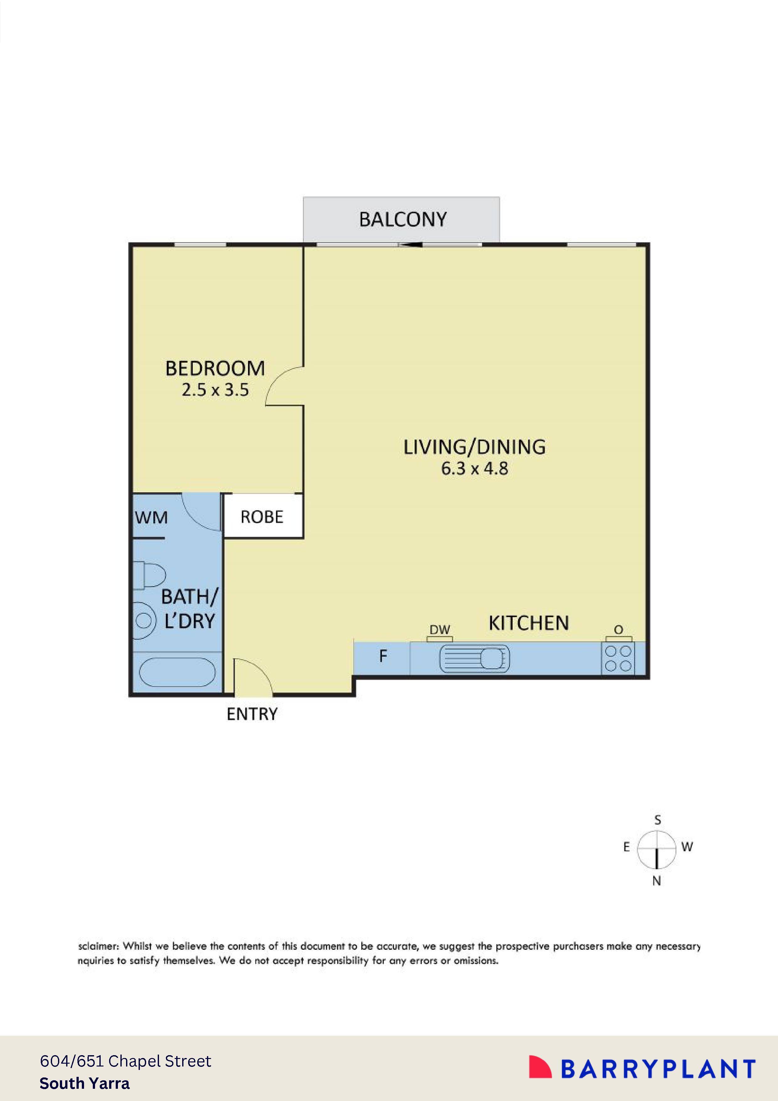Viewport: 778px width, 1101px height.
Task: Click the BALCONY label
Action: (x=403, y=220)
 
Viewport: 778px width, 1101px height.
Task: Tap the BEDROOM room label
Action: (x=215, y=369)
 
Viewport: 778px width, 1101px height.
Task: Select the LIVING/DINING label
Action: (x=474, y=447)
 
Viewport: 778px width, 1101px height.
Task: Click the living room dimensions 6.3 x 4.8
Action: (x=474, y=468)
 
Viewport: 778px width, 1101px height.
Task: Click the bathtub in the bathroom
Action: (x=177, y=672)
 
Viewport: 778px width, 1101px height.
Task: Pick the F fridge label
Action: (x=383, y=656)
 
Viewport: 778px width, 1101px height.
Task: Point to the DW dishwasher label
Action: (x=440, y=630)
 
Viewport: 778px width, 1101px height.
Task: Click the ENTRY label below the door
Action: (x=252, y=714)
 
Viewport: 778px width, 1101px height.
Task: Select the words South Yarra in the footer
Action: (x=84, y=1083)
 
